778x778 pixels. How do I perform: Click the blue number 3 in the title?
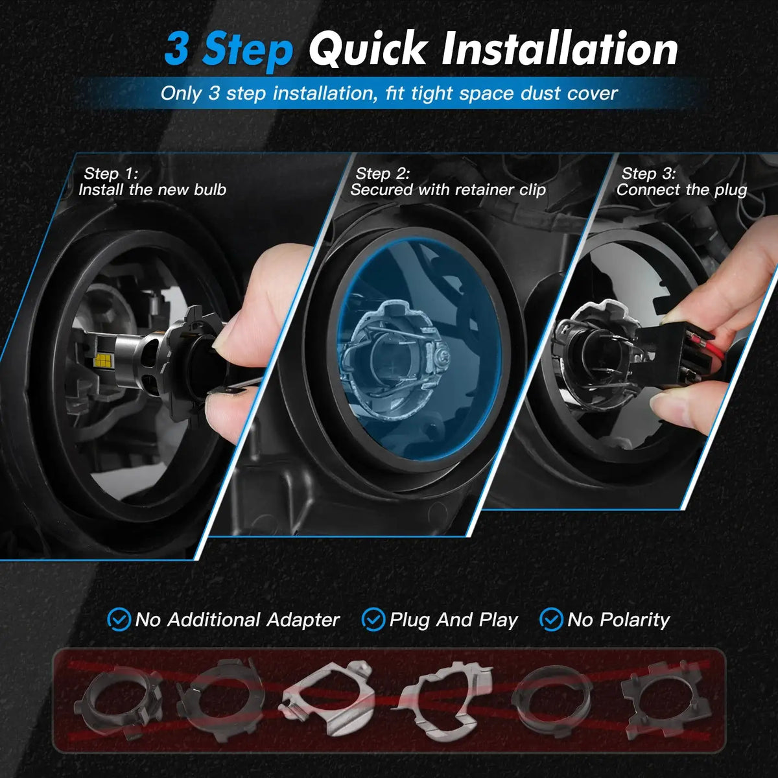176,49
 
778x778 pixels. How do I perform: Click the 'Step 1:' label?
111,174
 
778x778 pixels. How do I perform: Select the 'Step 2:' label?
383,174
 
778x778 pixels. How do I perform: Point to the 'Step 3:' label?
648,174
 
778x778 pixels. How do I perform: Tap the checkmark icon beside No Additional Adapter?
118,620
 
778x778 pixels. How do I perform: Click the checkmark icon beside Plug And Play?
373,620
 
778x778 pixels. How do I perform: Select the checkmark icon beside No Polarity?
551,620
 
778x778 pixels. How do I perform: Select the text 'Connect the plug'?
681,190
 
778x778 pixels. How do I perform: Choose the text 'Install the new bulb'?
152,190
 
